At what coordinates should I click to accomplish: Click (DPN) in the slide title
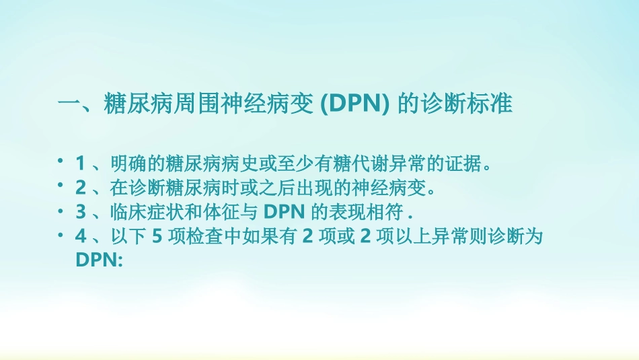tap(353, 105)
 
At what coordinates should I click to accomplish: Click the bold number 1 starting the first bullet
tap(80, 163)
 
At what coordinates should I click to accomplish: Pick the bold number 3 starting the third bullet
tap(80, 211)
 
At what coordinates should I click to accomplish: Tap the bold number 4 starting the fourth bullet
tap(80, 236)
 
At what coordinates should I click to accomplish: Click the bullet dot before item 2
tap(61, 184)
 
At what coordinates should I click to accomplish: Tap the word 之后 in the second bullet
tap(301, 187)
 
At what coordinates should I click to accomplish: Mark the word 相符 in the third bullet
tap(391, 211)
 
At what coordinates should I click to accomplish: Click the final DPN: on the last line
tap(98, 260)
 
